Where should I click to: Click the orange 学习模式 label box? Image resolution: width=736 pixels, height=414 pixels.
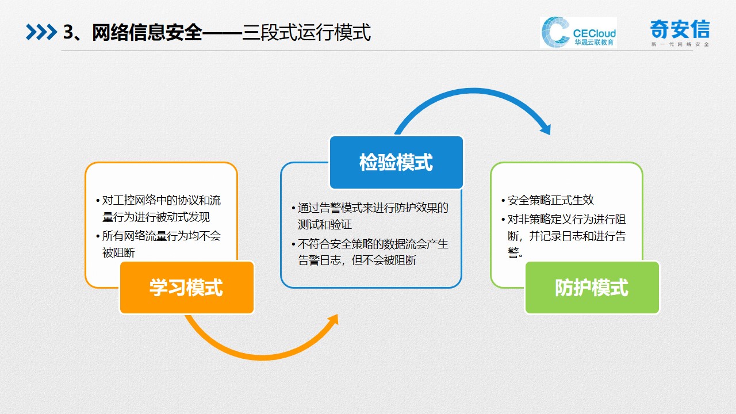click(x=187, y=287)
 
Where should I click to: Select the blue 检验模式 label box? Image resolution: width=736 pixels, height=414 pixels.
click(x=396, y=162)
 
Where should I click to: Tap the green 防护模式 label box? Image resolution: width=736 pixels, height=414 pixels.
click(x=592, y=287)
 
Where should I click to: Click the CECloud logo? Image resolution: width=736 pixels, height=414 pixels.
click(x=578, y=33)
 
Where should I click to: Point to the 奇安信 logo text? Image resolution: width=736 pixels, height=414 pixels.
click(x=680, y=29)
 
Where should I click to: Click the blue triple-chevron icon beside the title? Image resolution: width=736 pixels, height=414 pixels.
click(x=41, y=32)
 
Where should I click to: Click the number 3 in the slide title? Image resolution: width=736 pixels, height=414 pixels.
click(x=68, y=32)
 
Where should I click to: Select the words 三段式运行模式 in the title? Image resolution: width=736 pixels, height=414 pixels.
click(x=306, y=32)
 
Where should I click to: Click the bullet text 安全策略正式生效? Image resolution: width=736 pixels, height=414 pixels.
click(x=550, y=200)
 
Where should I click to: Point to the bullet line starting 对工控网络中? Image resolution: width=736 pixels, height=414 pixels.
click(x=161, y=201)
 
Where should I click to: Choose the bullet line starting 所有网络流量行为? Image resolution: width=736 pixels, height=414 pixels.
click(x=161, y=236)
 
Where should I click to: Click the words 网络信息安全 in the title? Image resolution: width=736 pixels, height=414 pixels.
click(x=147, y=32)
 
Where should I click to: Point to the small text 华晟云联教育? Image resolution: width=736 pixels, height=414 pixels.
click(x=594, y=42)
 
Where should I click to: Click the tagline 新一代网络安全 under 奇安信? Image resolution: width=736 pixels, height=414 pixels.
click(x=680, y=44)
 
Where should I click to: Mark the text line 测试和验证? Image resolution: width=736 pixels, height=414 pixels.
click(x=325, y=225)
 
